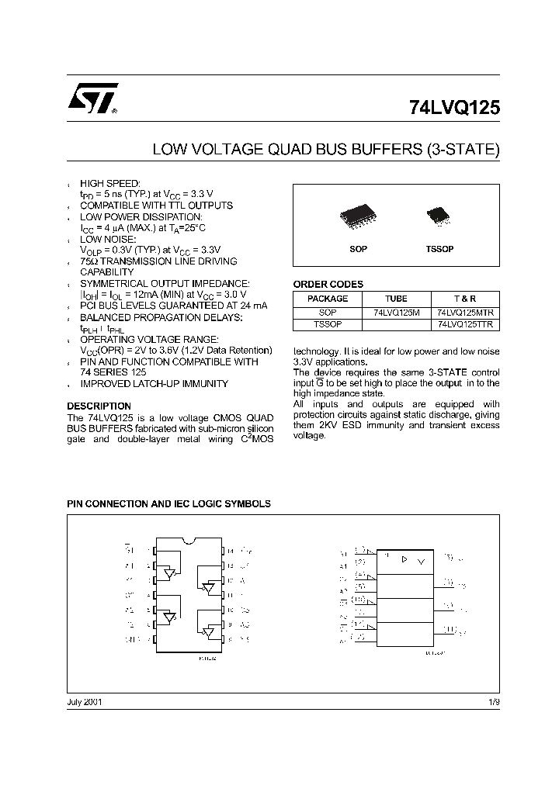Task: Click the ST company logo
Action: [92, 99]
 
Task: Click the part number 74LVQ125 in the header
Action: [454, 109]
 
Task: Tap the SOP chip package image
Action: [358, 217]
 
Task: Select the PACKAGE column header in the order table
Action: [328, 299]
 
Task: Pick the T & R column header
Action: [465, 299]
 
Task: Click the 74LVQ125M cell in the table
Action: [396, 312]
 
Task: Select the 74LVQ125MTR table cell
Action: [465, 312]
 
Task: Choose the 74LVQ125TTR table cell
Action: [465, 324]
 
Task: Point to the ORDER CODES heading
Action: [328, 285]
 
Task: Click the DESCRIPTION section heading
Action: [99, 406]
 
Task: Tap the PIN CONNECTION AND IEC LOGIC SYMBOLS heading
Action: [168, 503]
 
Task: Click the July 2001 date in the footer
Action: [85, 701]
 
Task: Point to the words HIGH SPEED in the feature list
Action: [110, 183]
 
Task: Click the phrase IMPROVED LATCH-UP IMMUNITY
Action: [155, 384]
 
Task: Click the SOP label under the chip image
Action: [358, 249]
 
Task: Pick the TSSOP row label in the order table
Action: [328, 324]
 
